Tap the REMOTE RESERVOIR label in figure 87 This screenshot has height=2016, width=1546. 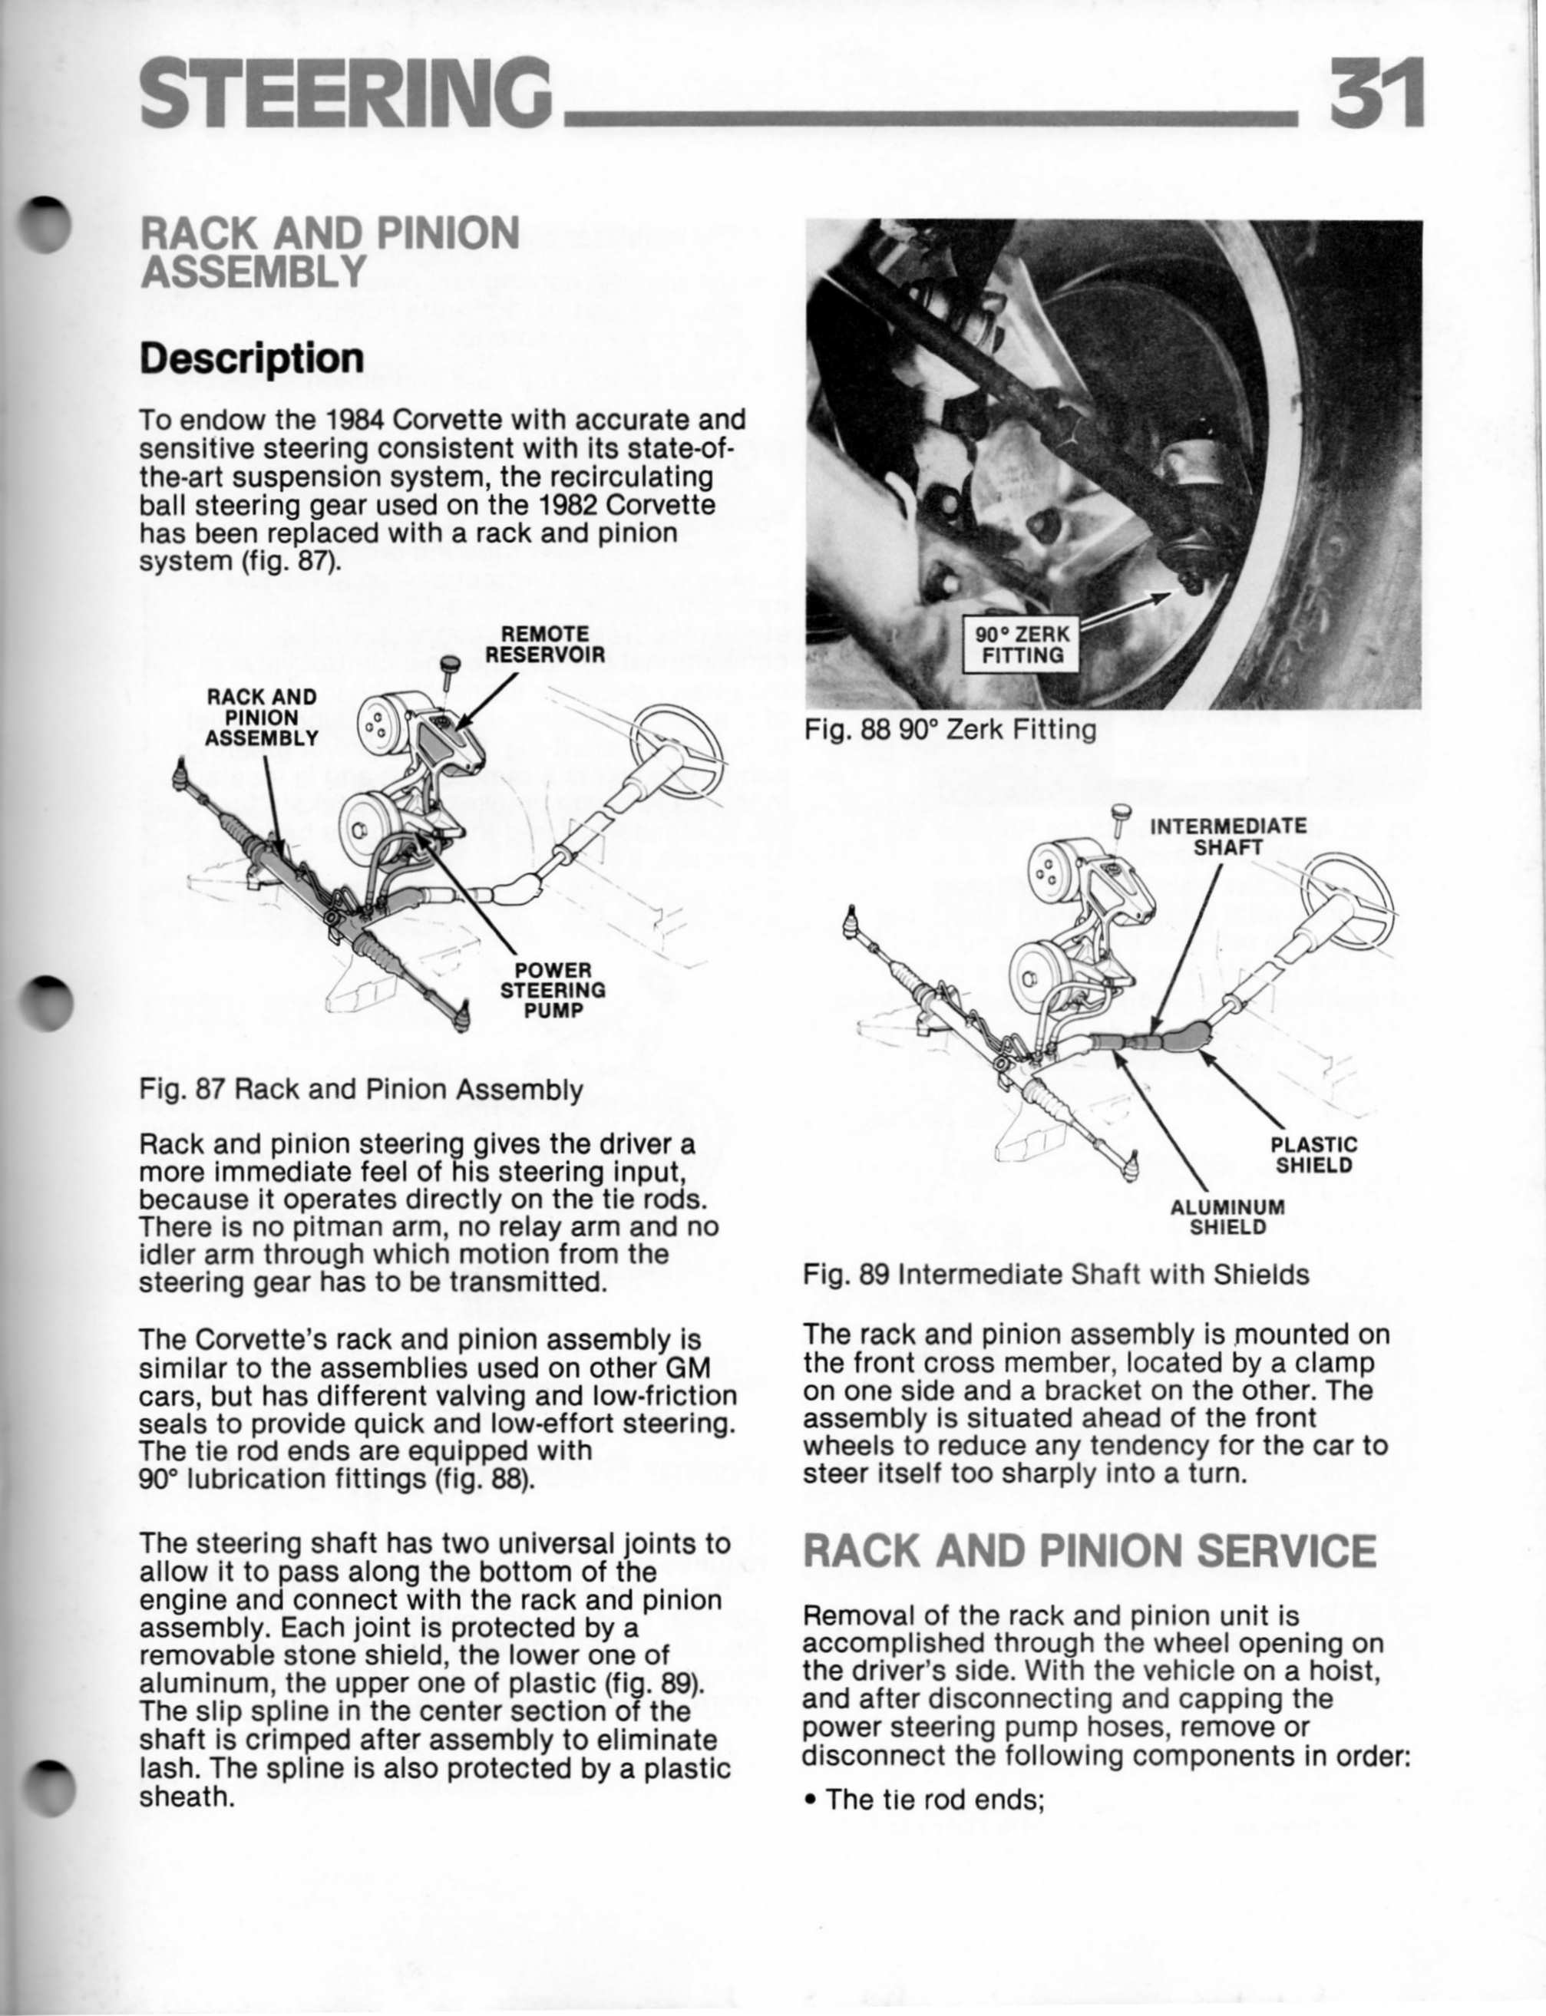coord(545,645)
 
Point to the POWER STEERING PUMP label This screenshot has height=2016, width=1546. coord(552,991)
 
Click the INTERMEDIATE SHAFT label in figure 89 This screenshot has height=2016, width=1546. coord(1227,836)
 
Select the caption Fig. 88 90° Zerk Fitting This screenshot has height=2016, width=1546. coord(950,731)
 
